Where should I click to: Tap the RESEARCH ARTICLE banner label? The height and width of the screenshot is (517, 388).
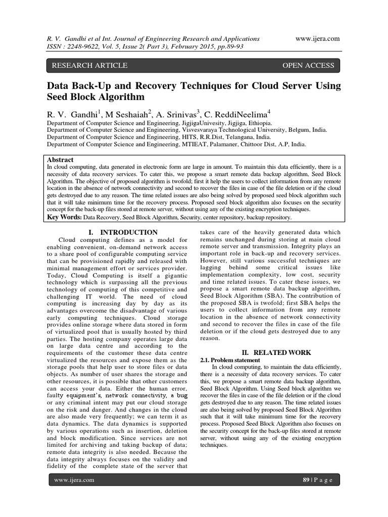(87, 65)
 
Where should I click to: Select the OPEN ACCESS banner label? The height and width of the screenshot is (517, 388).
(308, 65)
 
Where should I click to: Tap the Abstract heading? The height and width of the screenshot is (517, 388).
(60, 159)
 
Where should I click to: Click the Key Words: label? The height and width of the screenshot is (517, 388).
(64, 217)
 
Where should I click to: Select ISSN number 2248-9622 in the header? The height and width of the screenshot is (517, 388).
(84, 47)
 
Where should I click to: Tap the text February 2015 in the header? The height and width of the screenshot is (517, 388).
(190, 47)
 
